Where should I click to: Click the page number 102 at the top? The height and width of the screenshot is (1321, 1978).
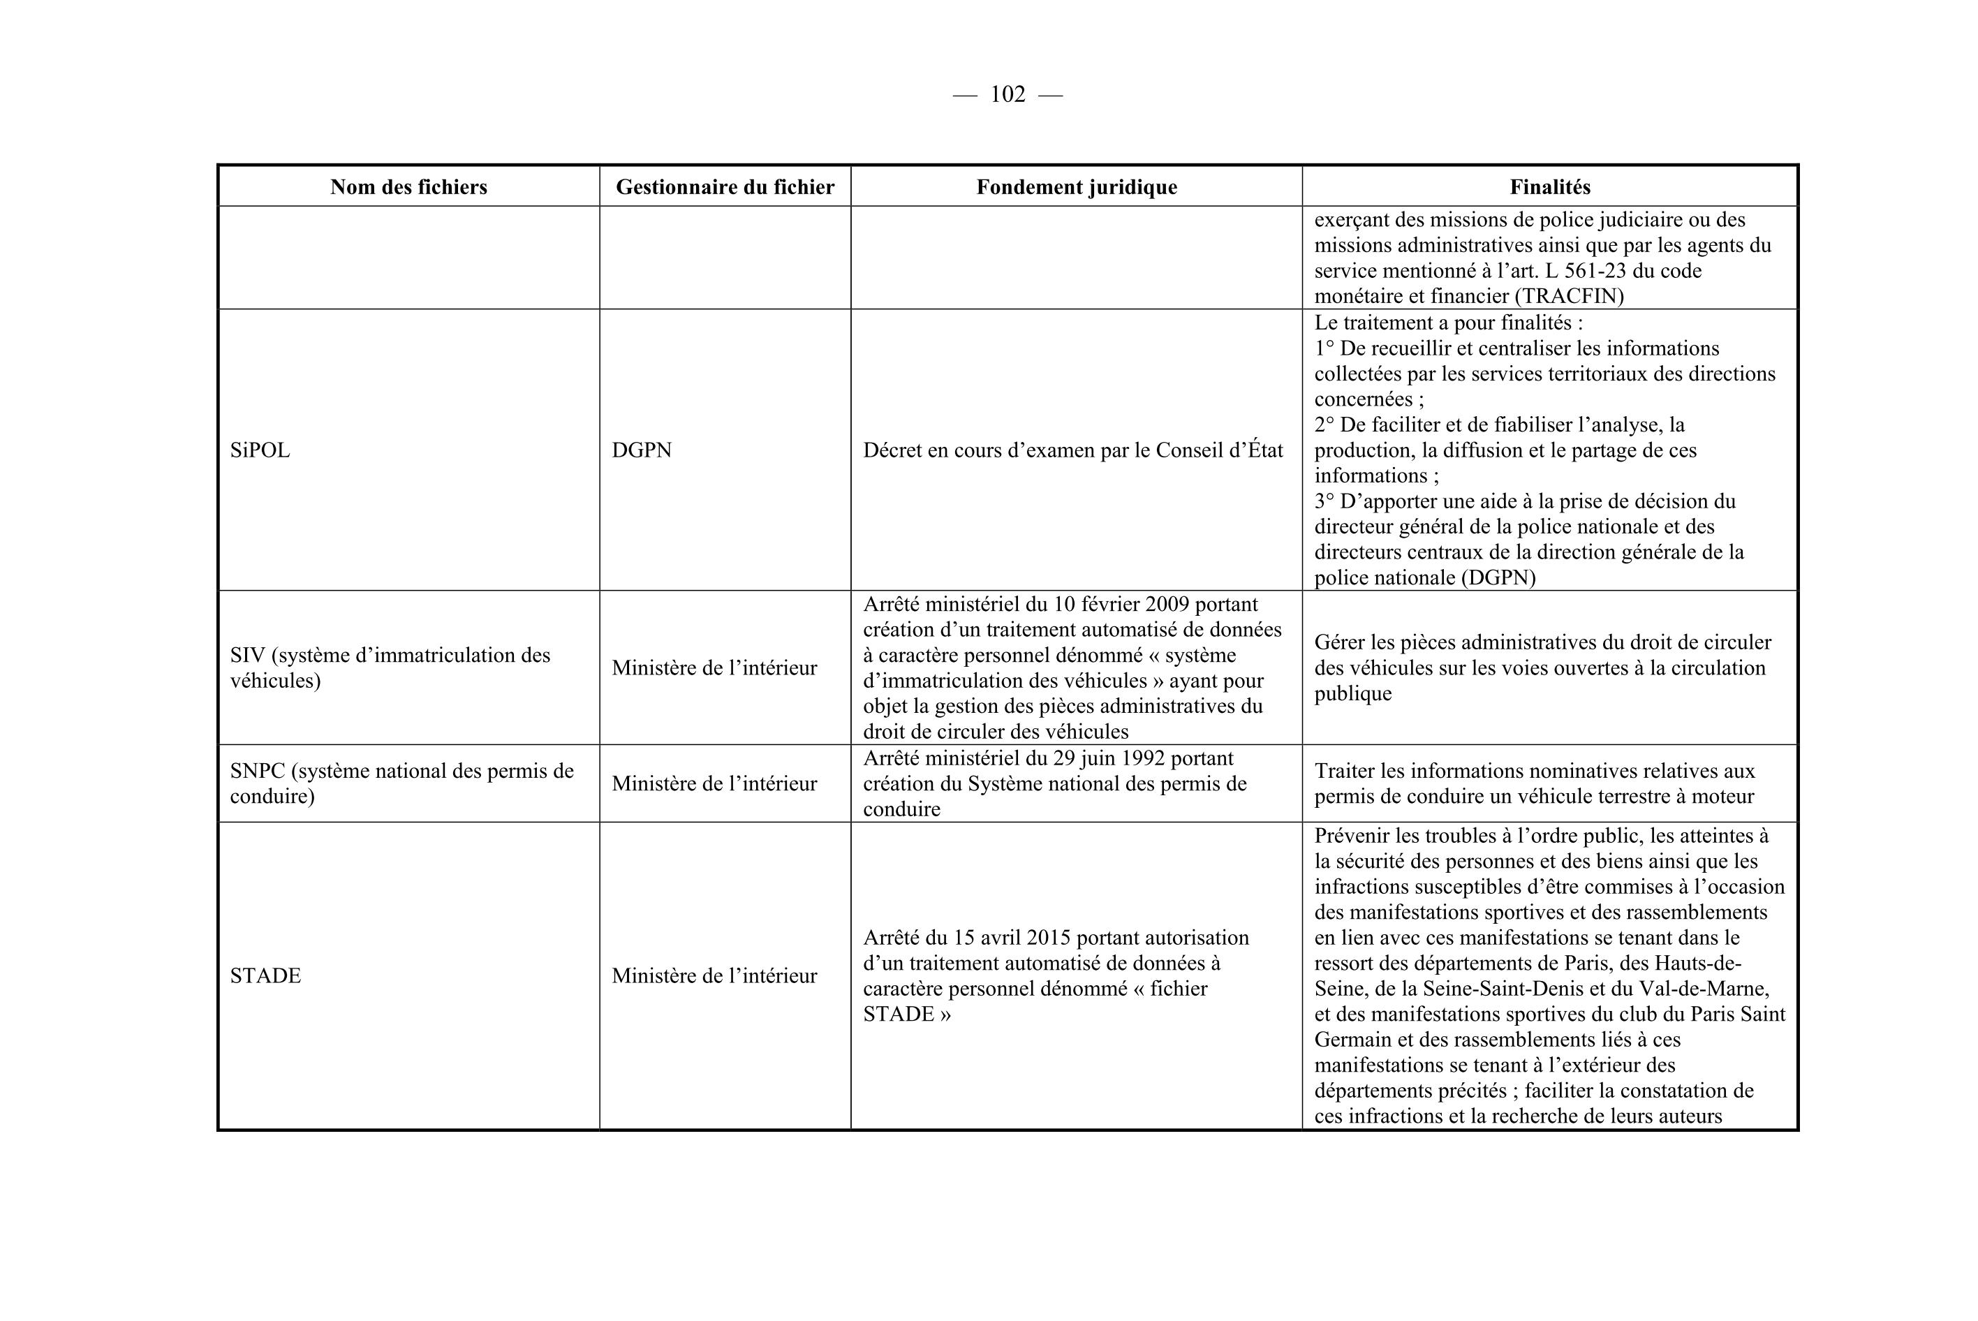point(1008,94)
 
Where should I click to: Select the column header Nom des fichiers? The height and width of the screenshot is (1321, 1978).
point(408,187)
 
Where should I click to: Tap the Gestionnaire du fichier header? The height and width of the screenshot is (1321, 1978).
point(725,187)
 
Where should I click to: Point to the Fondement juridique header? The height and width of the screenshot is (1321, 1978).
point(1077,187)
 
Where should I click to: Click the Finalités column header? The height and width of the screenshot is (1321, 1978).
point(1549,187)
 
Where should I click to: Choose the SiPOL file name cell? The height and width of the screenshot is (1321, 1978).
point(260,451)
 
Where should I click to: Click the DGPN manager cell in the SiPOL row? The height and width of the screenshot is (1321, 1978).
point(642,451)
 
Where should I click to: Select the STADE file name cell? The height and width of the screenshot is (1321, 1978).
point(265,975)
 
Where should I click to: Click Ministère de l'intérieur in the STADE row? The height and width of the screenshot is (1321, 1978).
point(714,975)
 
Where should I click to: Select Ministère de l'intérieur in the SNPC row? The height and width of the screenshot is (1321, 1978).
point(714,784)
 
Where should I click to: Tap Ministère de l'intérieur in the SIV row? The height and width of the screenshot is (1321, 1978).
point(714,668)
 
